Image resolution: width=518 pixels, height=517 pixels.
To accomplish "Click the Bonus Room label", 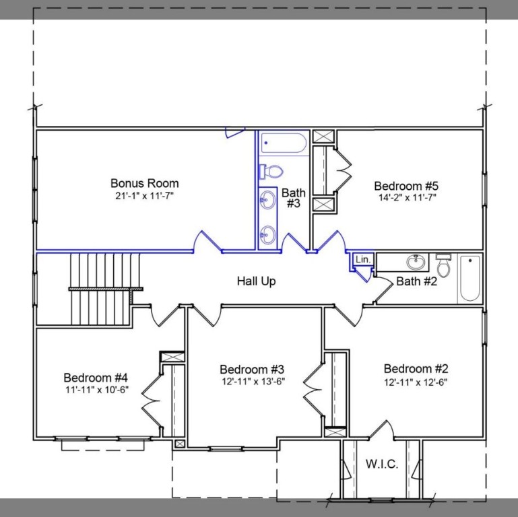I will tap(144, 183).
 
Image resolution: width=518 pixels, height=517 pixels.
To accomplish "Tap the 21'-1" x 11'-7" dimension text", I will tap(144, 196).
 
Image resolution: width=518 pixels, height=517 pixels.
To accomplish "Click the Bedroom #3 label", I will tap(252, 369).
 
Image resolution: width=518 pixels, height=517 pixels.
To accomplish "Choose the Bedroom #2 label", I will tap(416, 368).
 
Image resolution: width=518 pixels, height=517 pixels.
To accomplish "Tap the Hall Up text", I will tap(256, 281).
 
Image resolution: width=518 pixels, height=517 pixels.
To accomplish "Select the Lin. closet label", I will tap(362, 259).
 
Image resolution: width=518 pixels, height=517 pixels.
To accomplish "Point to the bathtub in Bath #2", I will tap(470, 278).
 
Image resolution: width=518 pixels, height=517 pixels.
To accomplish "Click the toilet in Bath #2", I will tap(443, 261).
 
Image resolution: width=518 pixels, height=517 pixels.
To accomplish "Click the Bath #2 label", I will tap(416, 281).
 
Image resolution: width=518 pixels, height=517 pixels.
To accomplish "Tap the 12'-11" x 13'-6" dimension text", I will tap(252, 382).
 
